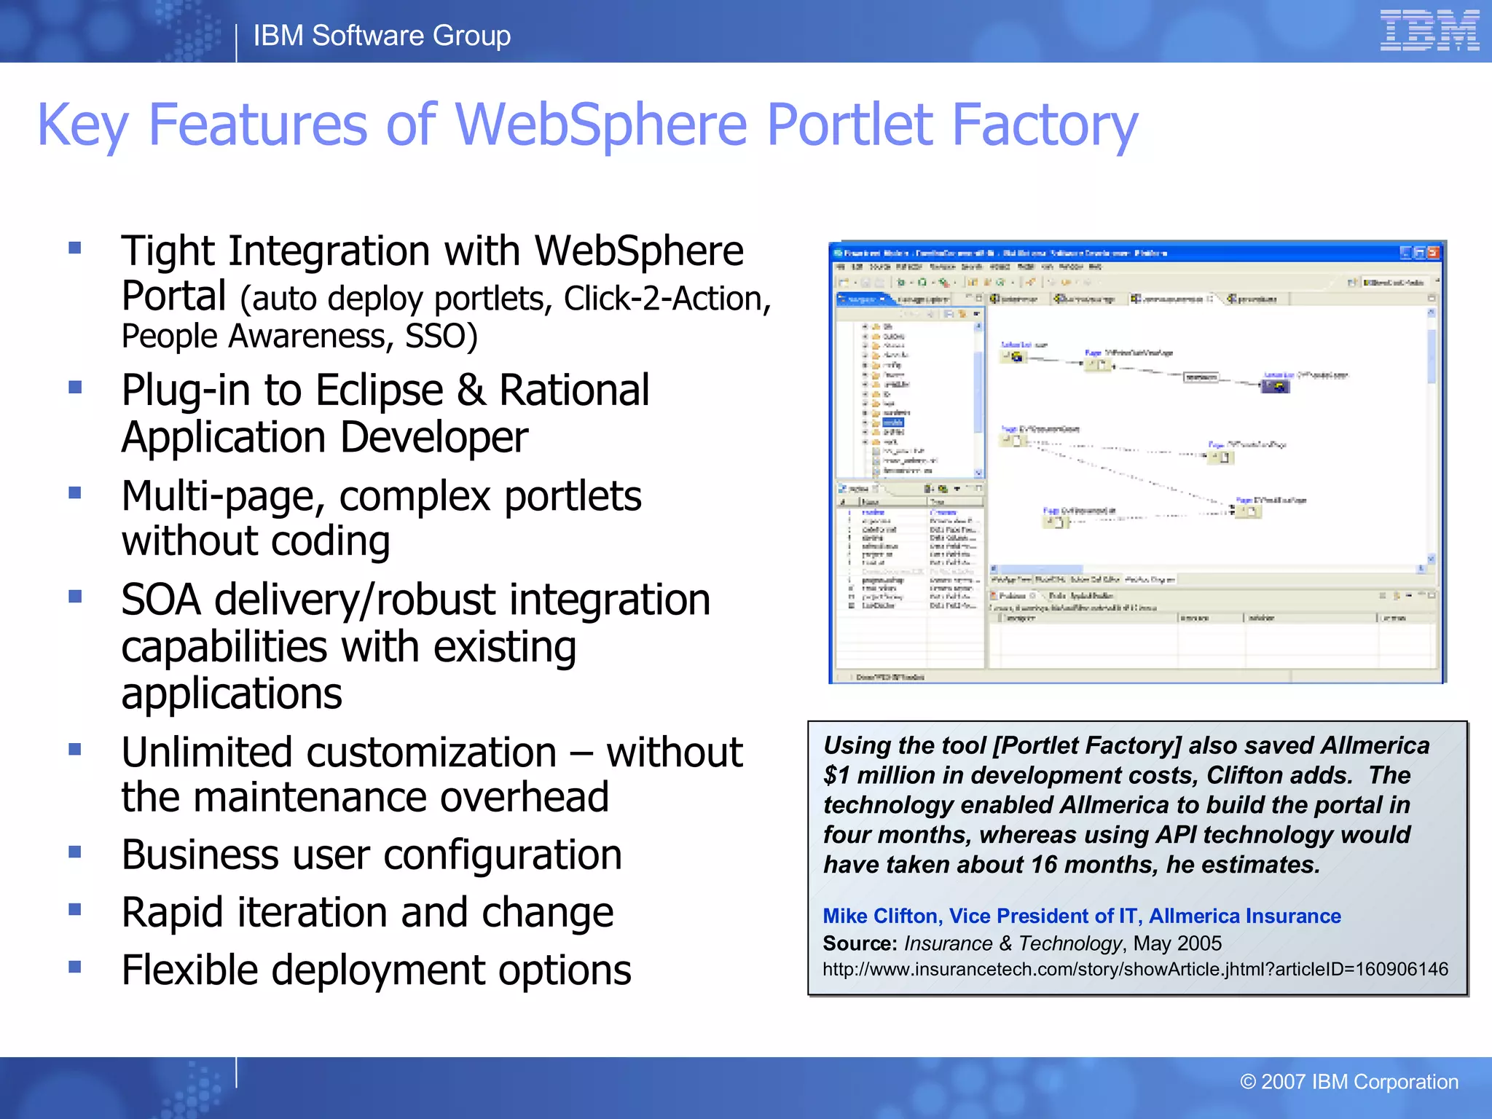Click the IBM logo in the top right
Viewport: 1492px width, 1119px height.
pos(1429,31)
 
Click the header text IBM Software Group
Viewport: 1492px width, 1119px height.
pos(382,36)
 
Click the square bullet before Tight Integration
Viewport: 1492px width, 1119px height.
pos(74,248)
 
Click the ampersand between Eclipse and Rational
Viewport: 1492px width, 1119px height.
pos(471,390)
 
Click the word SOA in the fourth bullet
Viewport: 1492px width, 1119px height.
pos(161,600)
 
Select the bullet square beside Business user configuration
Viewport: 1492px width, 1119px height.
pos(74,852)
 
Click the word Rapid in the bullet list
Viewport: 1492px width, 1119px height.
pos(172,913)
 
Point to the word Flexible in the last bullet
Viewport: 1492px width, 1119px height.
pos(190,971)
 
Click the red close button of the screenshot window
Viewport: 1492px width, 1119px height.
pos(1433,253)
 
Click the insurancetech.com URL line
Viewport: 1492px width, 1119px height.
pos(1135,970)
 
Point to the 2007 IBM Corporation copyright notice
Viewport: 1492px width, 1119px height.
pos(1349,1082)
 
